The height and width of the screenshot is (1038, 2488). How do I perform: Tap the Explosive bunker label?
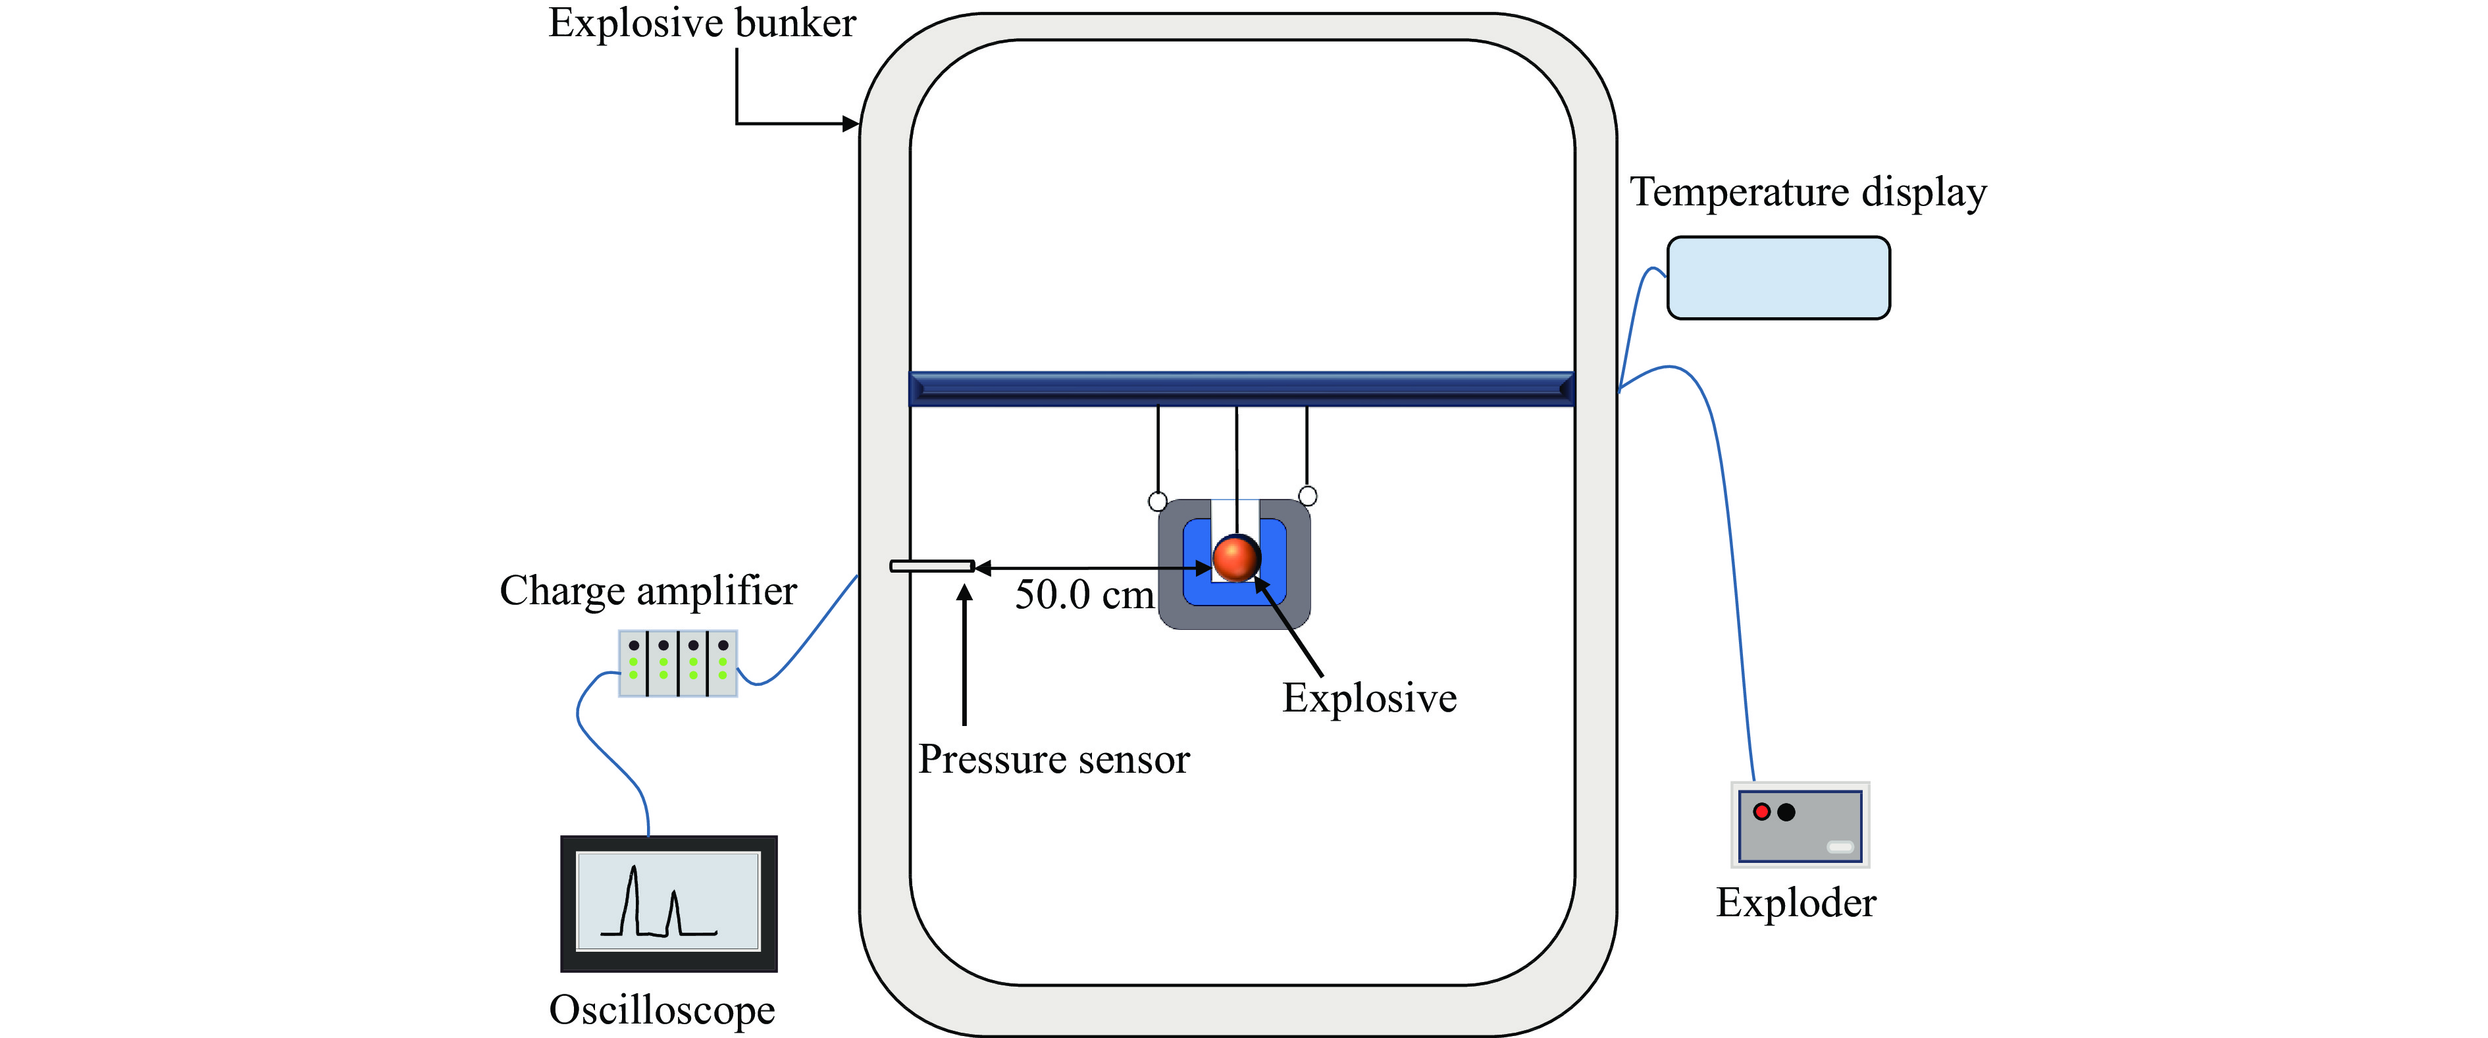click(x=702, y=23)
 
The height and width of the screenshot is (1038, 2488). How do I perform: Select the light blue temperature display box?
click(x=1778, y=278)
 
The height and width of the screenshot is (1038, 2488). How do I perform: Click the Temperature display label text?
click(x=1808, y=192)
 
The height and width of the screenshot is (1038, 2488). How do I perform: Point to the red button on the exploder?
click(x=1762, y=812)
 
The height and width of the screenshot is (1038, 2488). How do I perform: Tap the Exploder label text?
click(x=1796, y=903)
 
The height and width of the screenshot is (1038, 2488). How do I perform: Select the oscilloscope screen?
click(x=668, y=902)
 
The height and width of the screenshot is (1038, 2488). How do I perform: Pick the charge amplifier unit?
click(x=678, y=663)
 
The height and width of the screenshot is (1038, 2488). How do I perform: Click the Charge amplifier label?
click(x=648, y=591)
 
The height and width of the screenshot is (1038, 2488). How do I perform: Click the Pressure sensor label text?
click(x=1054, y=759)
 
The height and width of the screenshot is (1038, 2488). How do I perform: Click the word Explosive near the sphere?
click(x=1370, y=698)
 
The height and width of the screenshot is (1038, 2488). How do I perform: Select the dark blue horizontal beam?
click(x=1242, y=388)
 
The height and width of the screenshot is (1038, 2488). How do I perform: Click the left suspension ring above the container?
click(x=1157, y=501)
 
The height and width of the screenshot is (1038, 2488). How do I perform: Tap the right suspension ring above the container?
click(x=1308, y=496)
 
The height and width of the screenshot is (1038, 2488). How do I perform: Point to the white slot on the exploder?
click(x=1840, y=847)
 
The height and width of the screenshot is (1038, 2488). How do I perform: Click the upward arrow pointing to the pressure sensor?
click(x=964, y=657)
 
